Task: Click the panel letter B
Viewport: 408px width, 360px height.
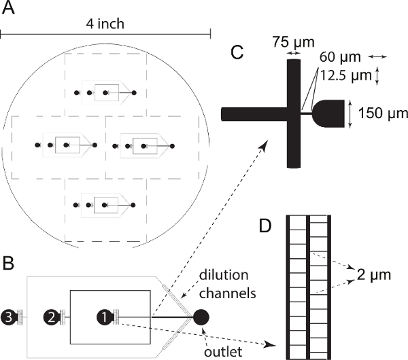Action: click(7, 263)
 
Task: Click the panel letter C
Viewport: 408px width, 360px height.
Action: click(237, 52)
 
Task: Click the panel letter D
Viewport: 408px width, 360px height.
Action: click(265, 226)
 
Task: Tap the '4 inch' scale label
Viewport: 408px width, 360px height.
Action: click(105, 24)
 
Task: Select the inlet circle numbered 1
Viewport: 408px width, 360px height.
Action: click(104, 317)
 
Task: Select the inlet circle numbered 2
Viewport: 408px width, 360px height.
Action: click(51, 317)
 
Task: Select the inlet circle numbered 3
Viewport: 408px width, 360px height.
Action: click(9, 317)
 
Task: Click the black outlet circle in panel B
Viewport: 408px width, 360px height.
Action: click(201, 317)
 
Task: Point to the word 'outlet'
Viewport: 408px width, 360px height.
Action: click(223, 352)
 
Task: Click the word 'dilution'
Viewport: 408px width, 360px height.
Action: click(224, 275)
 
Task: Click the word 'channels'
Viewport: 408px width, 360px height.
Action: click(227, 293)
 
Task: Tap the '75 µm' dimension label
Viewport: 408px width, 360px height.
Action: click(294, 41)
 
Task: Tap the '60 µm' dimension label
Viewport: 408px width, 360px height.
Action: click(340, 57)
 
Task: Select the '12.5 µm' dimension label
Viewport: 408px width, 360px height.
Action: click(346, 75)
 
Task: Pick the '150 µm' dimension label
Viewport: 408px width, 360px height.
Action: click(383, 113)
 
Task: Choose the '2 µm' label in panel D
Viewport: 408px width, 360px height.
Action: click(373, 274)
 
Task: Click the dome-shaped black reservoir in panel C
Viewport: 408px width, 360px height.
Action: click(328, 113)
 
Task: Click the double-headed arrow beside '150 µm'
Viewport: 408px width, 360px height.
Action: click(350, 114)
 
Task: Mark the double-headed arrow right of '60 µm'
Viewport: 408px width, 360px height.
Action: click(378, 56)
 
